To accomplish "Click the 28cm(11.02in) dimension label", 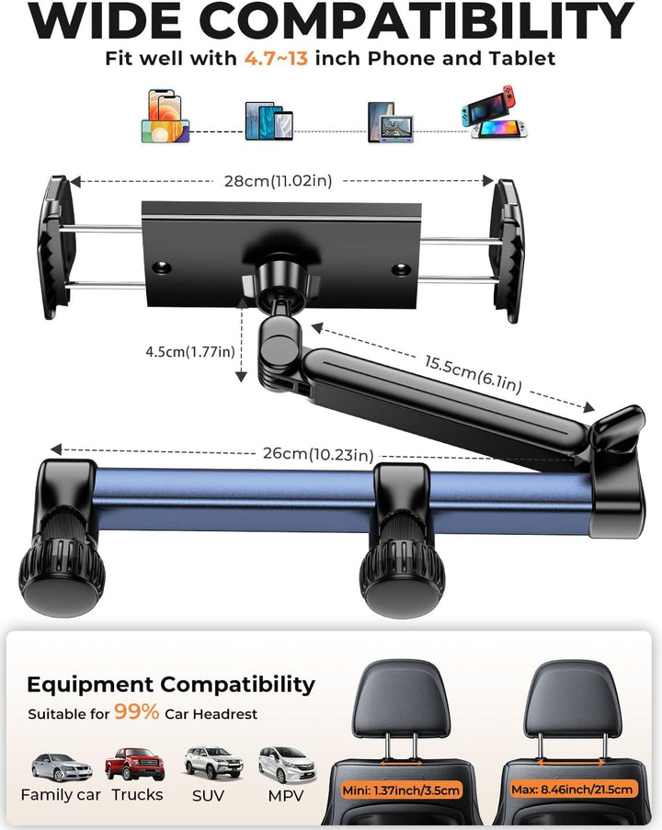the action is click(278, 181).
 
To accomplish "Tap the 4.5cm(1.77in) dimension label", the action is click(190, 351).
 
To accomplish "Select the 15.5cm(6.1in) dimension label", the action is click(473, 374).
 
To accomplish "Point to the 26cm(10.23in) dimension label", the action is click(318, 454).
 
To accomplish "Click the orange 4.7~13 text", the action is click(276, 58).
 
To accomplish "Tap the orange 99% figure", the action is click(137, 712).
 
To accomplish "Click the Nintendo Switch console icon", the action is click(494, 112).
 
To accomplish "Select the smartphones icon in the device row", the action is click(165, 116).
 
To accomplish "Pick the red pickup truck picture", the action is click(135, 764).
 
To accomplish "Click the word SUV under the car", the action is click(208, 796).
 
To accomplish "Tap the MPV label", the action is click(286, 796).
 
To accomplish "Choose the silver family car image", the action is click(62, 767).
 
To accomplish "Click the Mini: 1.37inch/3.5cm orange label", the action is click(401, 790).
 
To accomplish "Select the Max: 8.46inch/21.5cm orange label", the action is click(572, 790).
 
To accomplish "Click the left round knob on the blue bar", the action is click(63, 580).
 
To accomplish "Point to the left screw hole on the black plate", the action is click(161, 267).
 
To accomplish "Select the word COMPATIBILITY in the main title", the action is click(417, 20).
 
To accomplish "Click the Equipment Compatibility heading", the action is click(170, 685).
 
